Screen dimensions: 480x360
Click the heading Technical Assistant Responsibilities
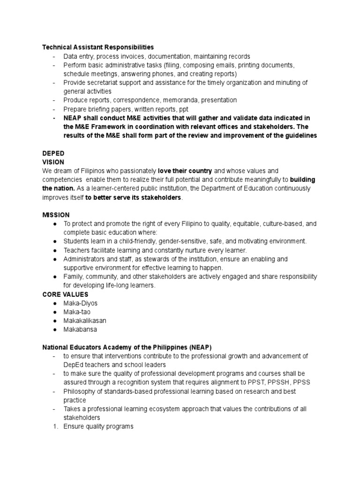point(98,47)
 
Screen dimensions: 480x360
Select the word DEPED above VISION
point(53,153)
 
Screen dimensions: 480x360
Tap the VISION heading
point(53,162)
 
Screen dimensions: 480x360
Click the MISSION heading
point(56,215)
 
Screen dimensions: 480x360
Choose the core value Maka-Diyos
point(81,303)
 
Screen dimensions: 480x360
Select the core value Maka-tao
point(78,312)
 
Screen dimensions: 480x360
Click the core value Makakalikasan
point(85,321)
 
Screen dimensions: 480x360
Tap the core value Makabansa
point(81,330)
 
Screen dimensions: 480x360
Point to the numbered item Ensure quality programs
point(98,427)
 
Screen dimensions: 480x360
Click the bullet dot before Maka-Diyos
point(55,303)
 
